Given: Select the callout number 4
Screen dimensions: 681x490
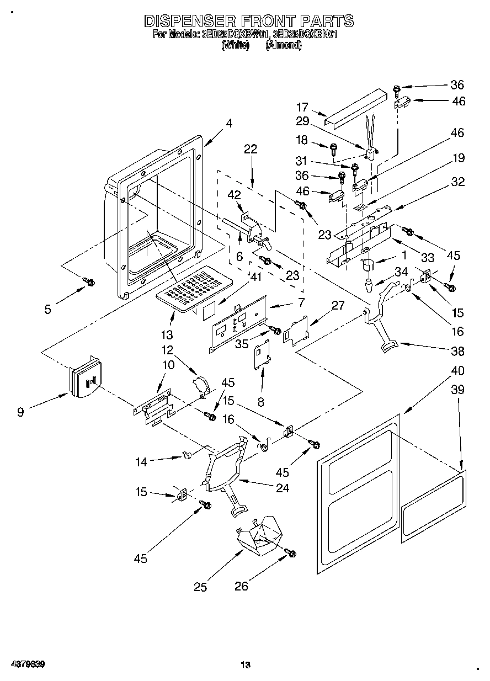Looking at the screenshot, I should [x=229, y=124].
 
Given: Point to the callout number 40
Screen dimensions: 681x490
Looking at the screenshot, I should [x=457, y=370].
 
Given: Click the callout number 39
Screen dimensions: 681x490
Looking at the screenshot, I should [x=457, y=390].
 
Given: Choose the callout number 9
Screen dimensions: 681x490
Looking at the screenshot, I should [x=20, y=412].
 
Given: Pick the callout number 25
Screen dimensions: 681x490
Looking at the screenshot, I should [x=200, y=587].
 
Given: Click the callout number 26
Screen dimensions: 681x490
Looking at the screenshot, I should [x=242, y=587].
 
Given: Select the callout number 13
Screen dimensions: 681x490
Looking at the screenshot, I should [x=167, y=334].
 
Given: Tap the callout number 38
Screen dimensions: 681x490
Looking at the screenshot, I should [x=457, y=351].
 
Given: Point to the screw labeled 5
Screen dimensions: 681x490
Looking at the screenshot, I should [x=88, y=282].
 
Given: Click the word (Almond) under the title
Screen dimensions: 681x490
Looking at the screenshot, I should [x=284, y=46].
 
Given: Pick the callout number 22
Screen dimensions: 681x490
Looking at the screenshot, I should [x=251, y=149].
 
